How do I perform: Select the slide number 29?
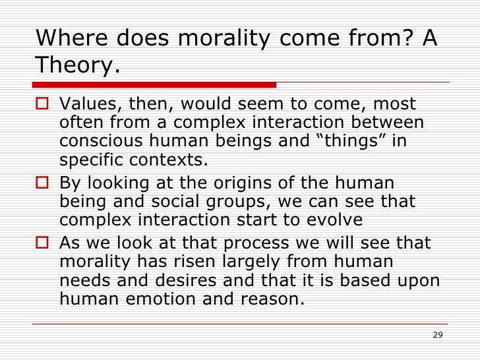click(437, 335)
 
